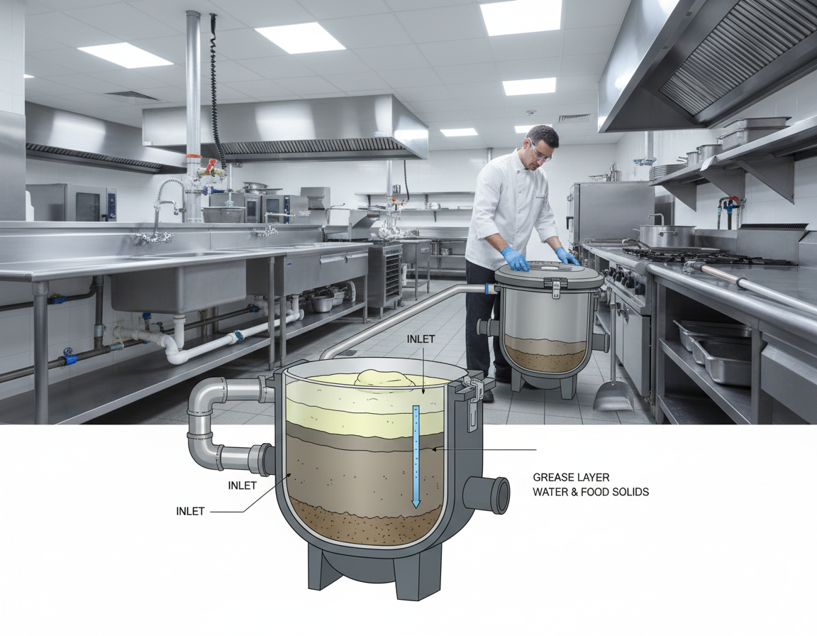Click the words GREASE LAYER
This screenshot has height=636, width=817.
pos(571,478)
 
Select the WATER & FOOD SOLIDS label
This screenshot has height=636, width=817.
pos(591,492)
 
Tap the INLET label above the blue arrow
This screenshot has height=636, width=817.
pos(423,339)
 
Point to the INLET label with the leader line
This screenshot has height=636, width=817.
pos(190,511)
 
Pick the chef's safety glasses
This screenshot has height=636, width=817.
pos(540,150)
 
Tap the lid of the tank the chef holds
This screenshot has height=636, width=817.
pos(548,273)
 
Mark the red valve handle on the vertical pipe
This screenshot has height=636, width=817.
pos(210,164)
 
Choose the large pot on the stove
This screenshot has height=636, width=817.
pos(667,236)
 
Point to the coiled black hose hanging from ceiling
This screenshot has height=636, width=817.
pos(215,92)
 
